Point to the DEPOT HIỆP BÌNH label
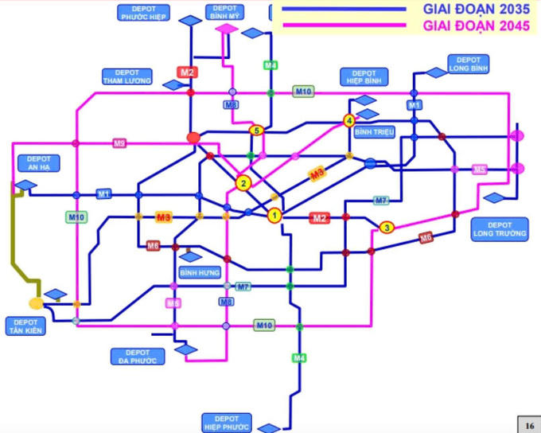362,76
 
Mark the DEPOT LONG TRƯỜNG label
500,229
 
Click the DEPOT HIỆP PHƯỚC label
227,421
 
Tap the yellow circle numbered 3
387,228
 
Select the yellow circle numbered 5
255,131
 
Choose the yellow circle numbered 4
348,121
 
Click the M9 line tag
119,143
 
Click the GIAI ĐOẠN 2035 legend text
476,10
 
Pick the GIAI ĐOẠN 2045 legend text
476,25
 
